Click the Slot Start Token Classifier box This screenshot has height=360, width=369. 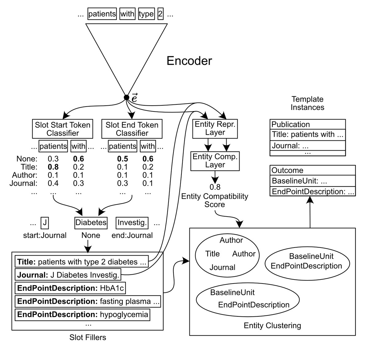[x=62, y=129]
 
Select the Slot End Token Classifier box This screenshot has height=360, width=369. [x=132, y=129]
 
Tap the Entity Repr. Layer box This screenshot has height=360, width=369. [x=215, y=128]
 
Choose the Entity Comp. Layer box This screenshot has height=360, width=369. [x=215, y=161]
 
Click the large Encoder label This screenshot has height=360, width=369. [x=189, y=61]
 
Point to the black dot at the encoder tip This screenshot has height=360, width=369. [x=126, y=97]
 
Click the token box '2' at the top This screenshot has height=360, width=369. [x=160, y=14]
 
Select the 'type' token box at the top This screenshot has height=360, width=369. [x=146, y=14]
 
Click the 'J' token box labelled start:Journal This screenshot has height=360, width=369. [x=45, y=222]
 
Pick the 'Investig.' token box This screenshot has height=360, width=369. [x=132, y=222]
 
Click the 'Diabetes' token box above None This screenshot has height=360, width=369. [x=91, y=222]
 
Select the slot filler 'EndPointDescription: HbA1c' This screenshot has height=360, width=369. [x=70, y=288]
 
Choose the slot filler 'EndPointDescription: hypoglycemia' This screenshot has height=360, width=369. [x=82, y=315]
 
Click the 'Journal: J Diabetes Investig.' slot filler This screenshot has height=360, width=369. [x=68, y=275]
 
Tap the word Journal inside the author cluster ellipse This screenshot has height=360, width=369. [x=222, y=267]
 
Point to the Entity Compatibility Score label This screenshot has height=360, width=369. [x=215, y=200]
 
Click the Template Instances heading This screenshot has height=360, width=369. [x=307, y=103]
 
